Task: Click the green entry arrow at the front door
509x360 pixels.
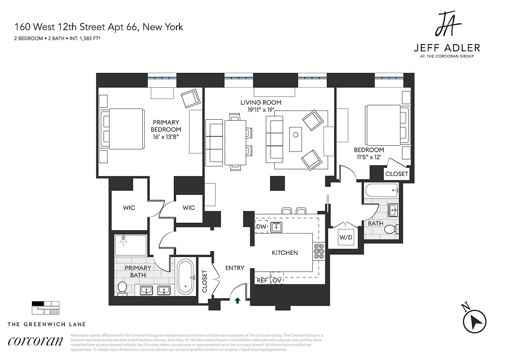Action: pos(238,300)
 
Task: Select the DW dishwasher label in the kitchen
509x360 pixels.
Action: pos(261,227)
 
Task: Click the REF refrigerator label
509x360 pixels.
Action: pos(262,280)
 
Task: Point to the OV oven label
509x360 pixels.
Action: pos(277,280)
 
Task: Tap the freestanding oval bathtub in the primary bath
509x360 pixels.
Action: pos(185,277)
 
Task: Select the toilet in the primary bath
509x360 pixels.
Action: pos(122,287)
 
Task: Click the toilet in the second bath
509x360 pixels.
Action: pos(390,229)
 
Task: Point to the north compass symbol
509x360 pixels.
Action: pos(474,320)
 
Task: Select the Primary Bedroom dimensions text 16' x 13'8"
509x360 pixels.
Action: pos(166,136)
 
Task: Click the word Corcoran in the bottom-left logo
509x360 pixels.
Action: pos(36,341)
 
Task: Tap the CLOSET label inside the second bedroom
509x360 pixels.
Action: pos(396,174)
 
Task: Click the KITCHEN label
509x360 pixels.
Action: pos(284,252)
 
